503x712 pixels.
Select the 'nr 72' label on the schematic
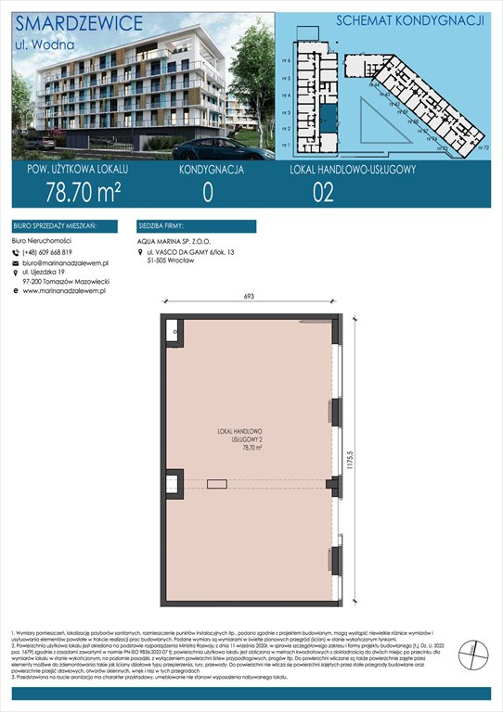(483, 147)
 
